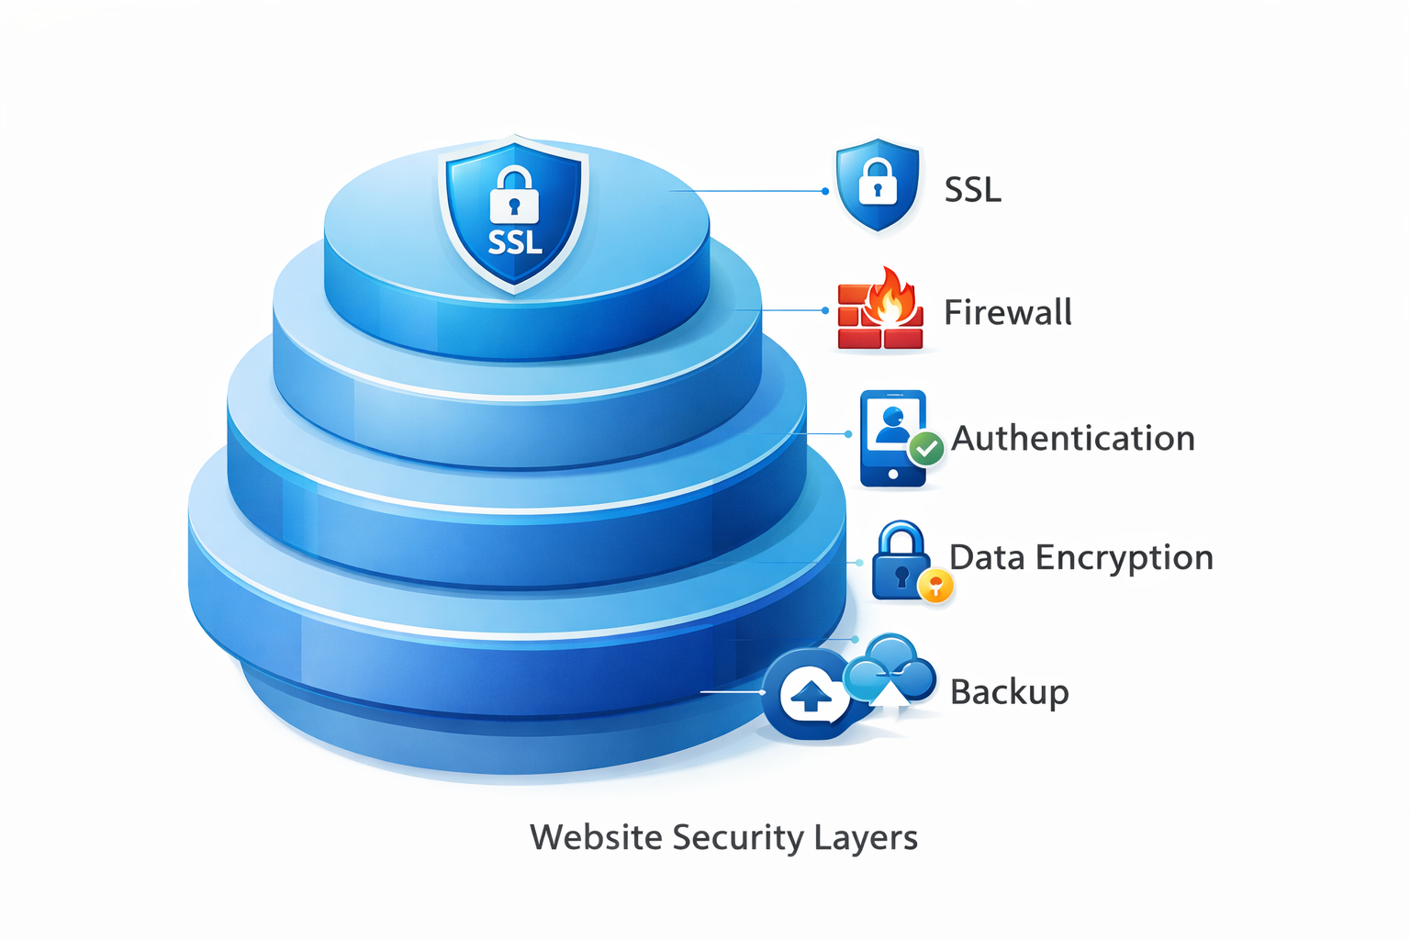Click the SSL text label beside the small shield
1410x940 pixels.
click(x=972, y=190)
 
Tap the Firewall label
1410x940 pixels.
click(x=1007, y=312)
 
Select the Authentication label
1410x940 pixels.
click(x=1072, y=438)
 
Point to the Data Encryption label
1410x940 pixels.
click(x=1080, y=557)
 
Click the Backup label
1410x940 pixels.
click(x=1009, y=691)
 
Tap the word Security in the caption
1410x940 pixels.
click(x=737, y=837)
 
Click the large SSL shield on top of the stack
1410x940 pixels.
click(x=514, y=216)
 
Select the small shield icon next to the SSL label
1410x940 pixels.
click(x=878, y=185)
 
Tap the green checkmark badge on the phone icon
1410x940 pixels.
click(x=926, y=449)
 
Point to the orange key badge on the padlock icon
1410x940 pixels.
click(x=935, y=584)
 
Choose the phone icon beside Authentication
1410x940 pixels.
click(x=891, y=438)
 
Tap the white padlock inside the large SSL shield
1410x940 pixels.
click(x=514, y=196)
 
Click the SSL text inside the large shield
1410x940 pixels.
click(x=515, y=242)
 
